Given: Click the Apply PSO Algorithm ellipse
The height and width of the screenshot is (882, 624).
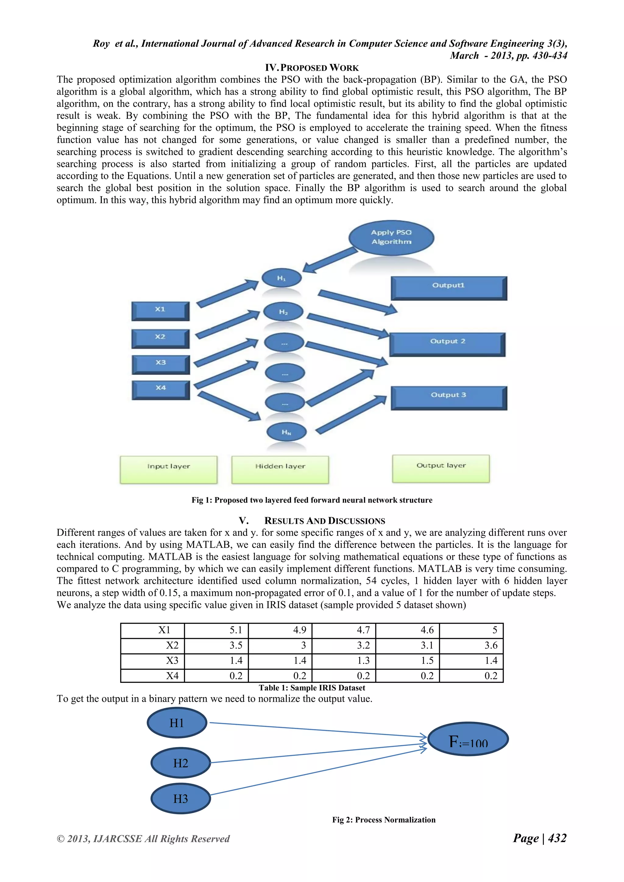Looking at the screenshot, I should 391,237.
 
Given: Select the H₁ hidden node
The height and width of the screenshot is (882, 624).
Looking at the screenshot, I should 281,278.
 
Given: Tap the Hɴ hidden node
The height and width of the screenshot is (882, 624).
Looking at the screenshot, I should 286,432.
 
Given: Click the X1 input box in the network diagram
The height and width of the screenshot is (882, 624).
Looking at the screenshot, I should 160,310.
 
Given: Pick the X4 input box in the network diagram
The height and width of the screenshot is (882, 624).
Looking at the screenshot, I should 161,390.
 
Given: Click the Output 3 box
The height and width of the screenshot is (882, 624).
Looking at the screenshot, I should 448,397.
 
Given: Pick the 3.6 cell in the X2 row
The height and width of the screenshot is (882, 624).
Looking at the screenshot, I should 471,645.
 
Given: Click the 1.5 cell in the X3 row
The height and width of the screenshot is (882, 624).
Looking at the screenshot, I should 407,661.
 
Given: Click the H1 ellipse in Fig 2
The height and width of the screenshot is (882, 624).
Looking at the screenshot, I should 177,723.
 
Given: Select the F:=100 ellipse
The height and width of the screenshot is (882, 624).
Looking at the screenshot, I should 468,739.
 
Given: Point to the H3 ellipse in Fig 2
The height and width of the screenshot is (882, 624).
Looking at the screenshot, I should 181,799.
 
